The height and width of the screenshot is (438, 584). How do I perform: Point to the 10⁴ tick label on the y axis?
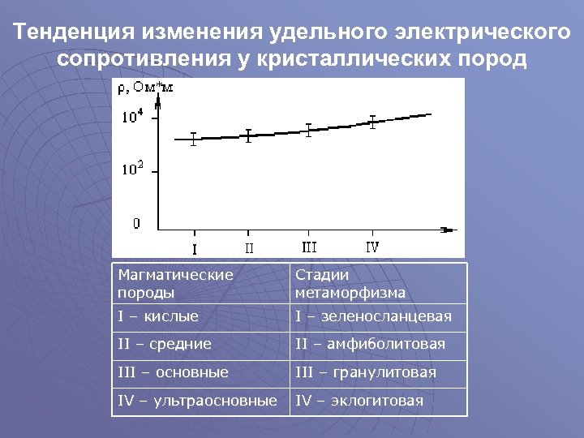tap(133, 116)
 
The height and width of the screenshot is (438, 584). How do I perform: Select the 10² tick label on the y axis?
tap(133, 170)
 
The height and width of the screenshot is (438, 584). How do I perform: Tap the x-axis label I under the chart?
tap(193, 247)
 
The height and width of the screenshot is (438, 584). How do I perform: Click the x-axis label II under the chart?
tap(249, 247)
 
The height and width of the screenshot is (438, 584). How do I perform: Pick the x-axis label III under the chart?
tap(309, 245)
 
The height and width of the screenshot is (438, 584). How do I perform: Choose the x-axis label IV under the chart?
tap(372, 245)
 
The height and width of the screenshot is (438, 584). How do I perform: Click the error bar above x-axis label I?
tap(193, 139)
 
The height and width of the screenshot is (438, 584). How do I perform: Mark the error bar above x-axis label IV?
tap(372, 122)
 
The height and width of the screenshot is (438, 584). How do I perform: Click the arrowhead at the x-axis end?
tap(447, 230)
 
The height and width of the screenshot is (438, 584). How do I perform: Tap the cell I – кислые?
tap(158, 316)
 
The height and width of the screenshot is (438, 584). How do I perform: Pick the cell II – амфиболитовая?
tap(370, 344)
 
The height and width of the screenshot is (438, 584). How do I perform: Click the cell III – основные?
tap(173, 372)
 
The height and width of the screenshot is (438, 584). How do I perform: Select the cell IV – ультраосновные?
tap(197, 401)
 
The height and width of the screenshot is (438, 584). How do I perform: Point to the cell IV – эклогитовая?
tap(359, 401)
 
